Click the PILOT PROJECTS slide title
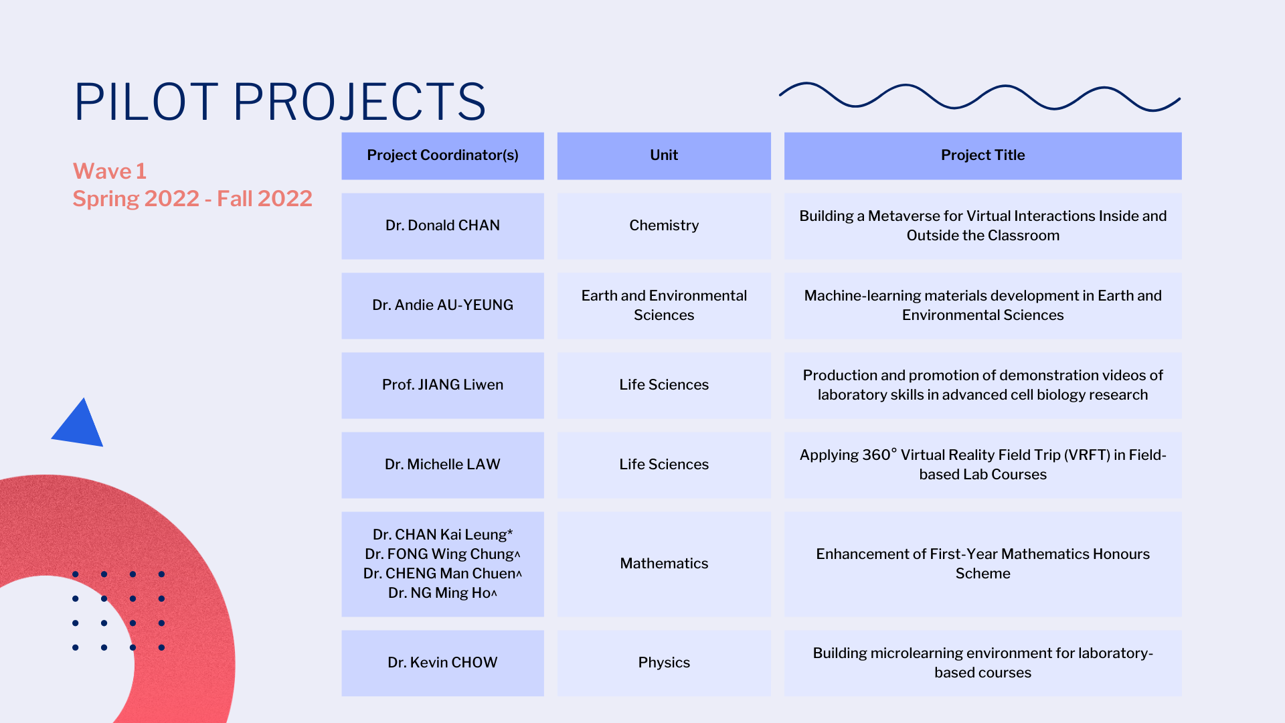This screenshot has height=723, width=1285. (x=280, y=102)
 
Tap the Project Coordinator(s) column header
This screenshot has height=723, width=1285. (x=442, y=155)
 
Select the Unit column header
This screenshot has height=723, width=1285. (x=664, y=155)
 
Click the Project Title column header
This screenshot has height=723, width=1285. (x=982, y=155)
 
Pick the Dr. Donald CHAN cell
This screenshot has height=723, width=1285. (x=442, y=226)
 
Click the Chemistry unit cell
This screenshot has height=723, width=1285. (x=664, y=226)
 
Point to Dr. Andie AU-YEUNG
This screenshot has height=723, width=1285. (x=442, y=305)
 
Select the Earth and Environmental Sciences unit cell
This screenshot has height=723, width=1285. (x=664, y=305)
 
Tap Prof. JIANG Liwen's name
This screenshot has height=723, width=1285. (x=442, y=385)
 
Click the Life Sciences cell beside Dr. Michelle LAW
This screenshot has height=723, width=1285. (x=664, y=465)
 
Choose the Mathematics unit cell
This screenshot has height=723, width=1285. (x=664, y=564)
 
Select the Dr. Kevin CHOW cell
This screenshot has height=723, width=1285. (x=442, y=663)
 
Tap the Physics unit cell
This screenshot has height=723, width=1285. (x=664, y=663)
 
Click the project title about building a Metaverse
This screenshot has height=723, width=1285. (x=982, y=226)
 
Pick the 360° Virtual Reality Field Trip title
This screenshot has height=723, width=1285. (x=982, y=465)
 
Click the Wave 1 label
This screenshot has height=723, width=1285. (x=110, y=171)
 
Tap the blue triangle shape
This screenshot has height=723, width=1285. (x=79, y=424)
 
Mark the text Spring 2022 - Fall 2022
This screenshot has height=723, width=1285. (x=193, y=199)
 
